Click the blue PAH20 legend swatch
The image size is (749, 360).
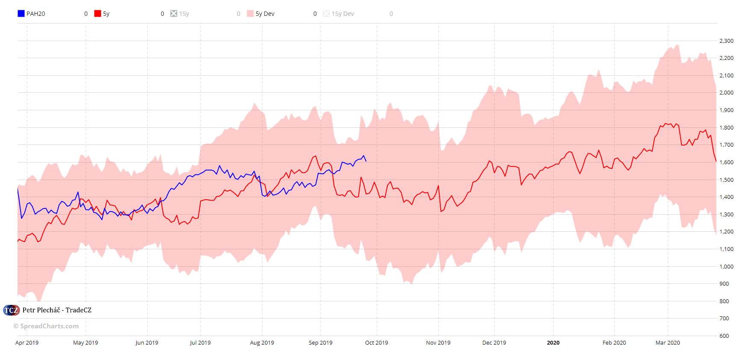tap(21, 14)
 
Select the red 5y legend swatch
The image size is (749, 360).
tap(97, 14)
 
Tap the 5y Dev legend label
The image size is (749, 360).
tap(265, 14)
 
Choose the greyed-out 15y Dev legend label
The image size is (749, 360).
tap(342, 14)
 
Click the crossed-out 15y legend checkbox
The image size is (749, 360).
tap(174, 14)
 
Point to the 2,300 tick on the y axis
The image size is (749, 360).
tap(726, 41)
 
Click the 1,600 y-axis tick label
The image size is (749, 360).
tap(726, 162)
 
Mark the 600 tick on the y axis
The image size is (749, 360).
tap(724, 336)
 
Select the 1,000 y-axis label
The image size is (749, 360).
tap(726, 266)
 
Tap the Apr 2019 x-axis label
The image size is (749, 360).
tap(27, 343)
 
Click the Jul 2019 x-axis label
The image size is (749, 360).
tap(200, 343)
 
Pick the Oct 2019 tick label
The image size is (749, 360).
tap(376, 343)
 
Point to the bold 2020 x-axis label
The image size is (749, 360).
tap(553, 343)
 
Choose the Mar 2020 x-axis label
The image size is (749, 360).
tap(667, 343)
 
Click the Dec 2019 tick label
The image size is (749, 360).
tap(494, 343)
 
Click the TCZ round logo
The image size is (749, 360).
tap(11, 310)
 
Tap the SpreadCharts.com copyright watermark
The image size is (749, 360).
tap(46, 326)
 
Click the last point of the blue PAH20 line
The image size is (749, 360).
tap(366, 161)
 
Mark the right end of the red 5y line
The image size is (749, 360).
tap(716, 161)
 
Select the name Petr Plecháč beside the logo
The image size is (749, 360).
tap(41, 310)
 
